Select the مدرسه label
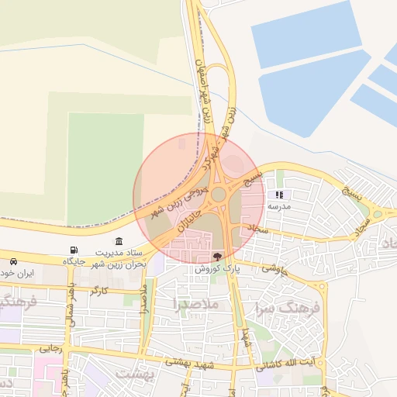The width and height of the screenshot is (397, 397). (279, 208)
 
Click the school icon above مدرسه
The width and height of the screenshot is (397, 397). (279, 195)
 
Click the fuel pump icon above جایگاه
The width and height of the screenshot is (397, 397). (74, 250)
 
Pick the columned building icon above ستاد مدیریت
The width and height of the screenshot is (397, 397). (119, 241)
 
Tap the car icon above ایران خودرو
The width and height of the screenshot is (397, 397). (14, 261)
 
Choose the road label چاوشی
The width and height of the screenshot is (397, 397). (274, 268)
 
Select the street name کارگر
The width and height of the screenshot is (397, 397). (99, 291)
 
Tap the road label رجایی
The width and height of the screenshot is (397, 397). (50, 349)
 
